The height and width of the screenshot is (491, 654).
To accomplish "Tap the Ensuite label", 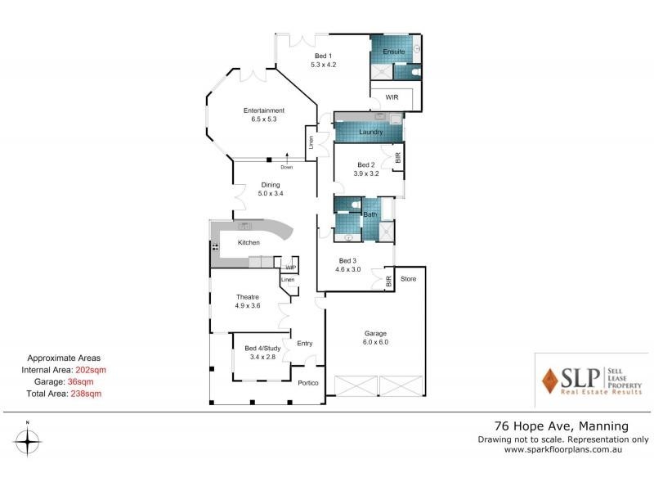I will click(x=394, y=52).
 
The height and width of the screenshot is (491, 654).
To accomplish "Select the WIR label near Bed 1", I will click(x=393, y=97).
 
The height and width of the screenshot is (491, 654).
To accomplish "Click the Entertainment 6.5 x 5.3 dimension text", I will click(x=262, y=119).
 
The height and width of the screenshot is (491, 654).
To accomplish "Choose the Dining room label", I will click(x=271, y=185).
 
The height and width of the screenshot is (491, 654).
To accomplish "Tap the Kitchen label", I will click(x=249, y=243).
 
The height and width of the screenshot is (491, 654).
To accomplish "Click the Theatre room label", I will click(x=248, y=296).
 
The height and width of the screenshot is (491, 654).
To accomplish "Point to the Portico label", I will click(x=307, y=383).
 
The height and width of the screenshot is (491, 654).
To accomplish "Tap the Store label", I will click(x=409, y=280).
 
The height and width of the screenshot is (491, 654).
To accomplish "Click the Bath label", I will click(x=370, y=214).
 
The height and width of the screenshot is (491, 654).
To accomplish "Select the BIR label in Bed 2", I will click(x=398, y=157).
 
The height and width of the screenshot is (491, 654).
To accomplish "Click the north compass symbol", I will click(x=28, y=441).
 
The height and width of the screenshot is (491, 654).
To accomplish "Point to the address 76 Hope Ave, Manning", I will click(x=562, y=426).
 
